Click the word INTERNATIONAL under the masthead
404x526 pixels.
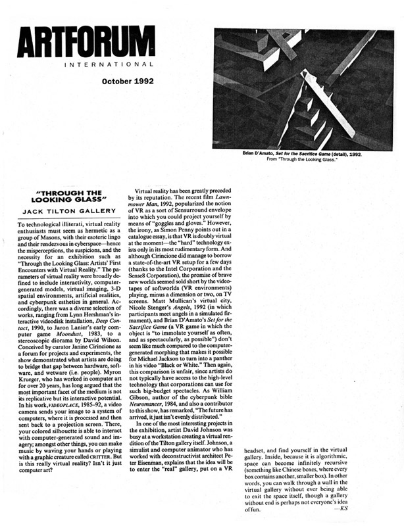point(109,65)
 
